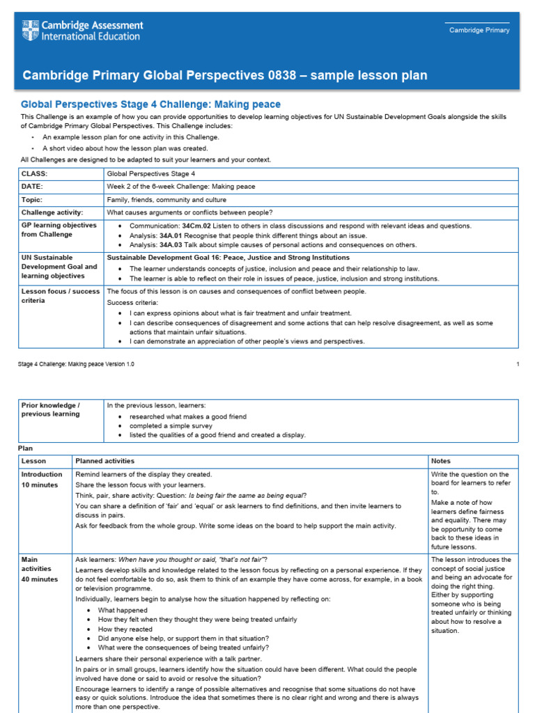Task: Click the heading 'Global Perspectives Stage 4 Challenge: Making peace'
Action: (150, 104)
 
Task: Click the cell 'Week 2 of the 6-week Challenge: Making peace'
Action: (181, 187)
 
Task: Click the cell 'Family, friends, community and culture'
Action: (171, 200)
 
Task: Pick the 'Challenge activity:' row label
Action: (52, 212)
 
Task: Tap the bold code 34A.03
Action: (173, 244)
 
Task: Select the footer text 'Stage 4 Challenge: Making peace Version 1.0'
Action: (76, 364)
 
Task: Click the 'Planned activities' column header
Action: (105, 461)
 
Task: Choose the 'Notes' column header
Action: (441, 461)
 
